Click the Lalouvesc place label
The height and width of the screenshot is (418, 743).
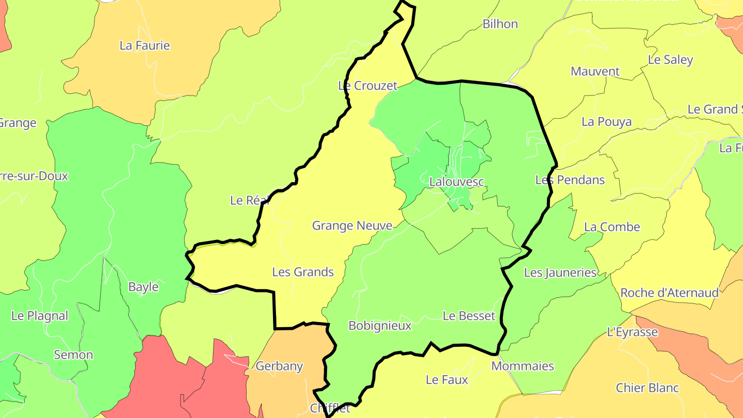pyautogui.click(x=457, y=182)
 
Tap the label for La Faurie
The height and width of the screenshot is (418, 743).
pyautogui.click(x=144, y=45)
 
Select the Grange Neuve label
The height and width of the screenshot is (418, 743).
pyautogui.click(x=352, y=226)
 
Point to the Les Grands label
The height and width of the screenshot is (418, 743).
pyautogui.click(x=303, y=272)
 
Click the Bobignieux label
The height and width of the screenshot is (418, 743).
pyautogui.click(x=380, y=326)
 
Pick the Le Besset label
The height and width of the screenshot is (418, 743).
pyautogui.click(x=469, y=316)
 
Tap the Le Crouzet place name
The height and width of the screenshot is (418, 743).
pyautogui.click(x=368, y=86)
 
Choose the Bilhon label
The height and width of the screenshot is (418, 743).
pyautogui.click(x=500, y=24)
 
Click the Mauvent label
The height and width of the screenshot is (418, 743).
pyautogui.click(x=595, y=71)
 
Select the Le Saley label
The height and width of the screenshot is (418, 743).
pyautogui.click(x=670, y=59)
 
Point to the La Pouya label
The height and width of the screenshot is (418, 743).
pyautogui.click(x=606, y=122)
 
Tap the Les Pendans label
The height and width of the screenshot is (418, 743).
pyautogui.click(x=570, y=180)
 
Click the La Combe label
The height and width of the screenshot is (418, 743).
pyautogui.click(x=612, y=227)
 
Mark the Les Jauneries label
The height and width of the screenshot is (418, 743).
pyautogui.click(x=560, y=272)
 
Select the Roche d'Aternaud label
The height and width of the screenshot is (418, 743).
pyautogui.click(x=669, y=293)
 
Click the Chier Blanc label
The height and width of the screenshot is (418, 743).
pyautogui.click(x=647, y=388)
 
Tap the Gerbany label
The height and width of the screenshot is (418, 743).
pyautogui.click(x=279, y=366)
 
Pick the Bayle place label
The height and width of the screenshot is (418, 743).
pyautogui.click(x=143, y=287)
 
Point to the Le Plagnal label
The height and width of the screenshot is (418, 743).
pyautogui.click(x=40, y=316)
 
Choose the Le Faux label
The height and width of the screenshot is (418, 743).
pyautogui.click(x=447, y=380)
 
